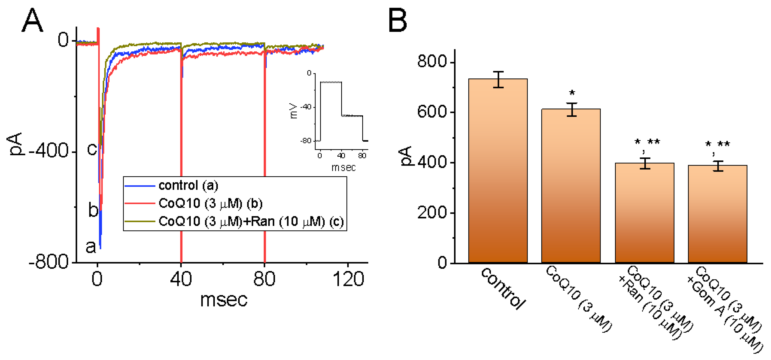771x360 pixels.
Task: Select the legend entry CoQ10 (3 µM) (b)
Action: [x=210, y=203]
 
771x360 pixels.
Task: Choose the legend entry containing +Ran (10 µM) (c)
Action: [x=251, y=221]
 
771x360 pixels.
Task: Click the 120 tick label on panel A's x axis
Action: [x=348, y=279]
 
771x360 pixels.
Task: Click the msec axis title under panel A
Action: [x=223, y=299]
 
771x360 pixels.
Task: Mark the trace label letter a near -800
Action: [x=91, y=247]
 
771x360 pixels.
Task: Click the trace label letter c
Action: [x=92, y=149]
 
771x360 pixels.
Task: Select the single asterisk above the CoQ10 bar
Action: [x=572, y=93]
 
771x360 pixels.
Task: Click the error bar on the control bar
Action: [x=498, y=80]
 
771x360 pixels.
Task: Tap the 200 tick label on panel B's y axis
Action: [x=432, y=213]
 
